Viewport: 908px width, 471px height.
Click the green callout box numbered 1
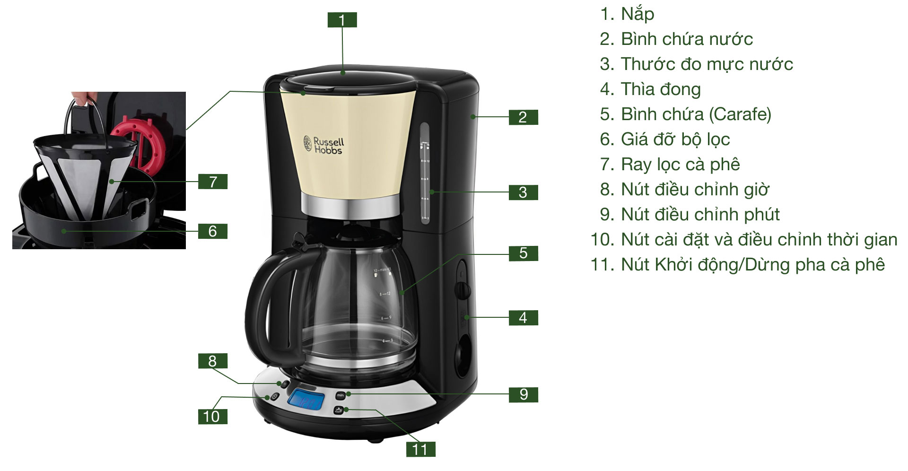342,20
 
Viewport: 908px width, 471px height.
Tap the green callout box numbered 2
523,117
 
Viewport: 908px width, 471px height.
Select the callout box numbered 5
523,253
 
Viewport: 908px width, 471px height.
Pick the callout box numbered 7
213,182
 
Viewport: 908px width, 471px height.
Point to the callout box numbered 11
420,449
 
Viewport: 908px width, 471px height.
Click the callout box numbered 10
212,417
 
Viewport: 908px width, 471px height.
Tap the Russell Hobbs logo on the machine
324,145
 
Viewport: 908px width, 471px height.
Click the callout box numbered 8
212,361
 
